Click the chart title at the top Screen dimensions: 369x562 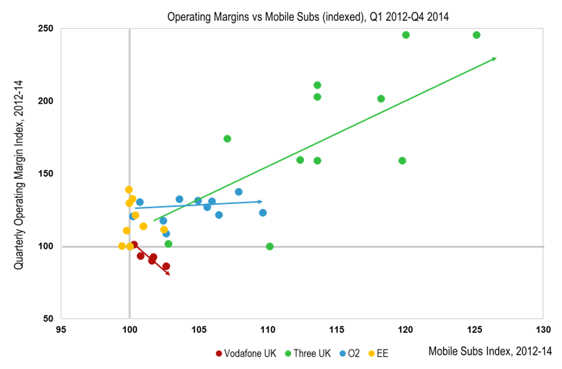[x=308, y=15]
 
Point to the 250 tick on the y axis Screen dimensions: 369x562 [x=47, y=28]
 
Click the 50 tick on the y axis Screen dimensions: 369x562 [x=49, y=319]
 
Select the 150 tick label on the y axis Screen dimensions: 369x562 [x=47, y=174]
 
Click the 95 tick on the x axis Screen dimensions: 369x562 [x=61, y=331]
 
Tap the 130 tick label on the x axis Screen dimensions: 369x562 [x=543, y=331]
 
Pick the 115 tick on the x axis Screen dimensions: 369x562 [x=336, y=331]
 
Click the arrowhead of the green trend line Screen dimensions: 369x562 [x=494, y=58]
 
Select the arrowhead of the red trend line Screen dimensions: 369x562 [x=169, y=273]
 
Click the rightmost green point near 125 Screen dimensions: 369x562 [x=476, y=35]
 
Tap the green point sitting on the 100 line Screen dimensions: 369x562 [x=269, y=246]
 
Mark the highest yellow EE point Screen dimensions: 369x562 [x=129, y=190]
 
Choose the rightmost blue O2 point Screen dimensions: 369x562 [x=263, y=213]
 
